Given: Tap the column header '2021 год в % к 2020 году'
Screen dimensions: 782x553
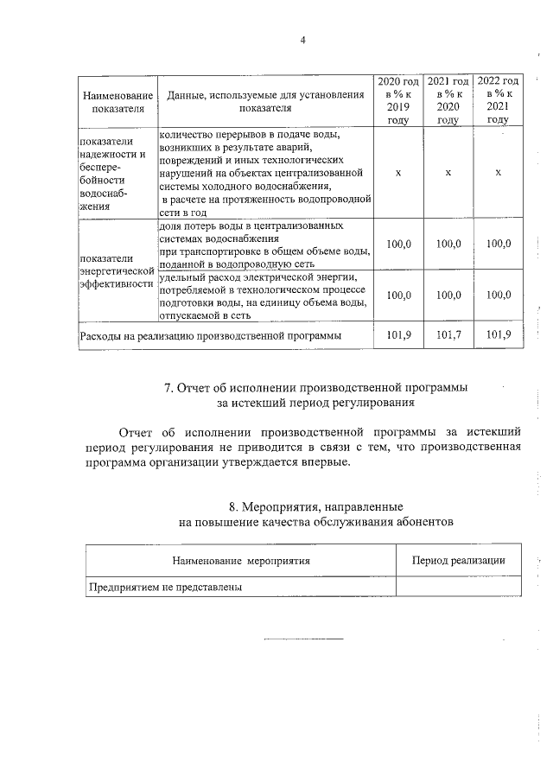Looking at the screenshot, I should point(448,100).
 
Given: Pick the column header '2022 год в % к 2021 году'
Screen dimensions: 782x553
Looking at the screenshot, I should point(498,100).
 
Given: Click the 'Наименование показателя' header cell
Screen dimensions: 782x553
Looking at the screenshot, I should point(117,101).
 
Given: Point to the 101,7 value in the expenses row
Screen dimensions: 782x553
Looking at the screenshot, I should point(448,334).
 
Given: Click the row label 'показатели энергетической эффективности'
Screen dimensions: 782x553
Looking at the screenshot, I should point(117,270).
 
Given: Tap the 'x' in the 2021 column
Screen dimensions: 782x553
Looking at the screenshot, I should point(448,174).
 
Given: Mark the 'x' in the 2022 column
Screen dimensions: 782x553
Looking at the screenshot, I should point(498,174).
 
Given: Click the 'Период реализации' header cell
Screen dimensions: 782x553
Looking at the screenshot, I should point(458,561).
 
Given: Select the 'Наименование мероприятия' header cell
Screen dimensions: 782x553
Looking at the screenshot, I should point(241,561).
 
